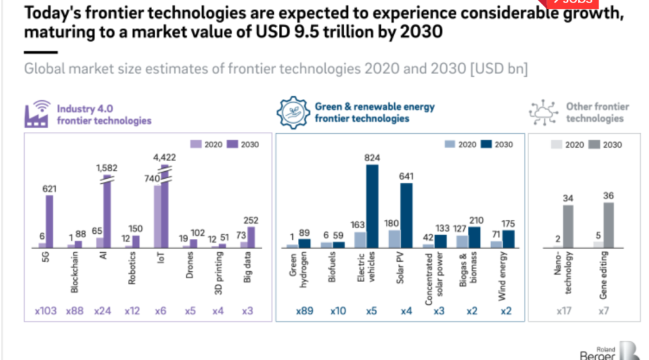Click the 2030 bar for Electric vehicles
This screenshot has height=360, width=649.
[373, 205]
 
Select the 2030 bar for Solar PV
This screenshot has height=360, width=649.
[406, 215]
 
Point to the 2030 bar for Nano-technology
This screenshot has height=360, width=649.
[568, 226]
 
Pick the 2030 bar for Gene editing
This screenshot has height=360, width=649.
[608, 224]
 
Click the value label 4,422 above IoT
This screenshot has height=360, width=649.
[164, 157]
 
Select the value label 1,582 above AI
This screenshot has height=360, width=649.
[107, 167]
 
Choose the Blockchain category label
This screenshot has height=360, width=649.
[75, 273]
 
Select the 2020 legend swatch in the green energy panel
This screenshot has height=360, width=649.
[449, 145]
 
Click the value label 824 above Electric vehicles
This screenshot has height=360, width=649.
[371, 157]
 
